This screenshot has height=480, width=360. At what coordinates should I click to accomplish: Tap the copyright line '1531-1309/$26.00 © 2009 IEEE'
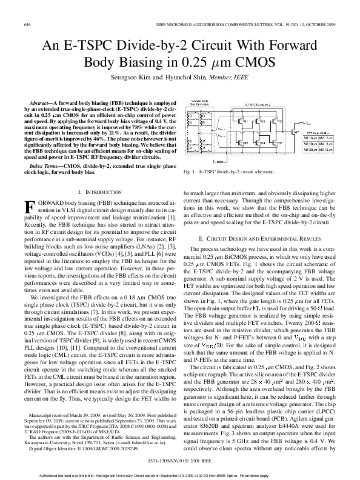pyautogui.click(x=179, y=461)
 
